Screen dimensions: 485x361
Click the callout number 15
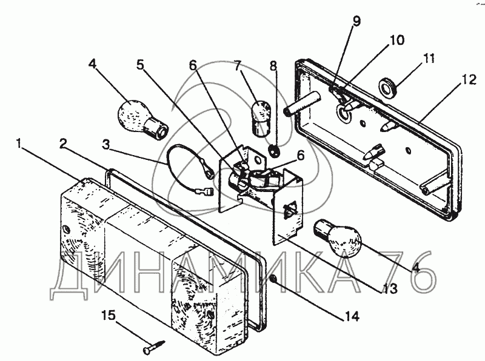pos(109,316)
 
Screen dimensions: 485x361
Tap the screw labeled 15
pos(155,346)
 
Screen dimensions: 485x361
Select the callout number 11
pos(429,59)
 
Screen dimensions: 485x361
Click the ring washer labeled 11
pos(387,87)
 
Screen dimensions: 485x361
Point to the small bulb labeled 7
pos(262,118)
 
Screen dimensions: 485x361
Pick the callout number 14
pos(352,316)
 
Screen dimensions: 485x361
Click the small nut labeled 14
pos(273,279)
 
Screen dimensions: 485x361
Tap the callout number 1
pos(19,144)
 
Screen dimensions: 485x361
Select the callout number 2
pos(63,143)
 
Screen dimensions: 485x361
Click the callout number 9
pos(356,21)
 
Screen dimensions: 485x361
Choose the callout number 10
pos(397,40)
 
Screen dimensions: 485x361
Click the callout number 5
pos(141,65)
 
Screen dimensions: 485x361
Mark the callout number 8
pos(273,66)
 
